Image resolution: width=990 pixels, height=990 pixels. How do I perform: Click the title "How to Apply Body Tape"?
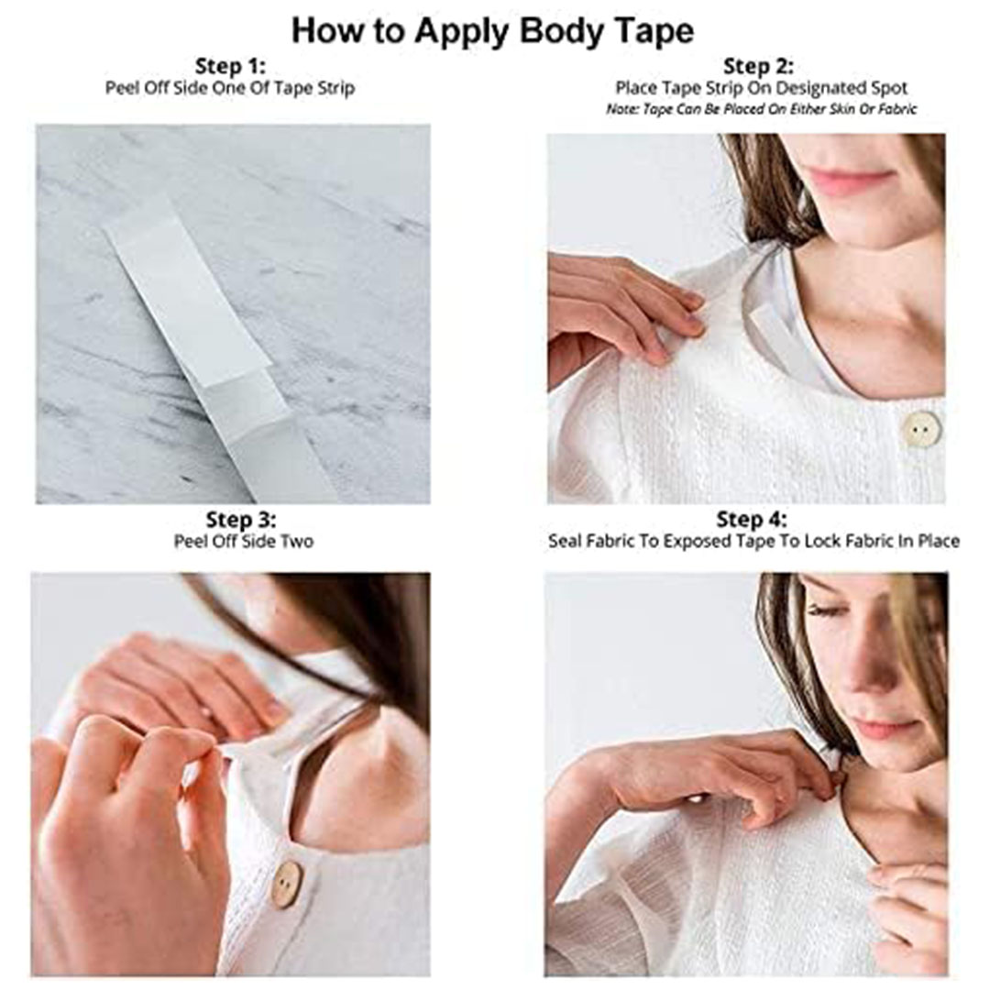coord(492,31)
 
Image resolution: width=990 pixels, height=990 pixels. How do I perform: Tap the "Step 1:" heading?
coord(230,66)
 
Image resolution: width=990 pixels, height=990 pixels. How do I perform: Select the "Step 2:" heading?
coord(758,66)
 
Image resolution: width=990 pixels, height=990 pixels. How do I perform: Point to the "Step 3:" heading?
coord(240,520)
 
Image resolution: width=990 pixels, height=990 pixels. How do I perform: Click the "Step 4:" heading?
coord(752,520)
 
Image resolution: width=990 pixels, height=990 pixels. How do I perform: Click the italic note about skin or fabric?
coord(761,109)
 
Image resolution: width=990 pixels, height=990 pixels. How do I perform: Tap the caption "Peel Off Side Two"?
coord(244,541)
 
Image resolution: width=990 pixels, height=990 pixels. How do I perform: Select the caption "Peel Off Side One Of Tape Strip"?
coord(230,88)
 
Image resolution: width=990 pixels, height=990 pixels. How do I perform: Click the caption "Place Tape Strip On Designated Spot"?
coord(761,88)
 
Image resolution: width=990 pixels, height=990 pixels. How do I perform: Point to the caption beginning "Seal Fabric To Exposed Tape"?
coord(753,541)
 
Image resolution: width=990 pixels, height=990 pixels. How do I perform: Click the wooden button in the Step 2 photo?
coord(921,430)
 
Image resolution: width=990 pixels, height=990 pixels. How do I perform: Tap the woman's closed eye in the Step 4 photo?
coord(826,610)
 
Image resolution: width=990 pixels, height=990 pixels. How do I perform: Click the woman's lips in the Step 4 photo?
coord(884,727)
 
